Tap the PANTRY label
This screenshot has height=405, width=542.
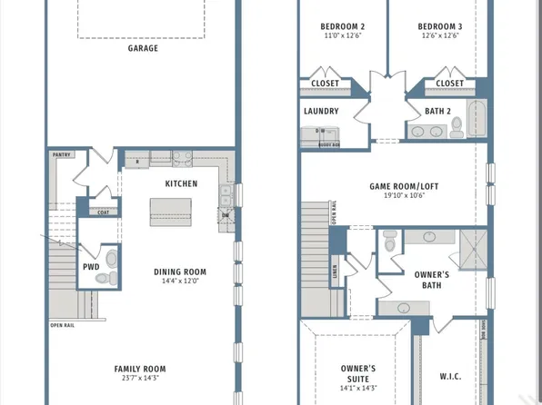pyautogui.click(x=62, y=155)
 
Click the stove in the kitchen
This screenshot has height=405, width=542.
pyautogui.click(x=182, y=157)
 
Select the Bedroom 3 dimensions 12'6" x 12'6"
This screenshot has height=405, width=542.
pyautogui.click(x=439, y=36)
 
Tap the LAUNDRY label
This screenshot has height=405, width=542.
pyautogui.click(x=322, y=112)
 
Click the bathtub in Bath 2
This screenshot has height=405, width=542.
pyautogui.click(x=476, y=120)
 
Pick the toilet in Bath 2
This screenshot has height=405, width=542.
pyautogui.click(x=452, y=128)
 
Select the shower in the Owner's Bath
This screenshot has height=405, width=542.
pyautogui.click(x=472, y=250)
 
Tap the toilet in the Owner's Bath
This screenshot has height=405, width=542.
pyautogui.click(x=389, y=242)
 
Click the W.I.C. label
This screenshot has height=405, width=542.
pyautogui.click(x=451, y=375)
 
